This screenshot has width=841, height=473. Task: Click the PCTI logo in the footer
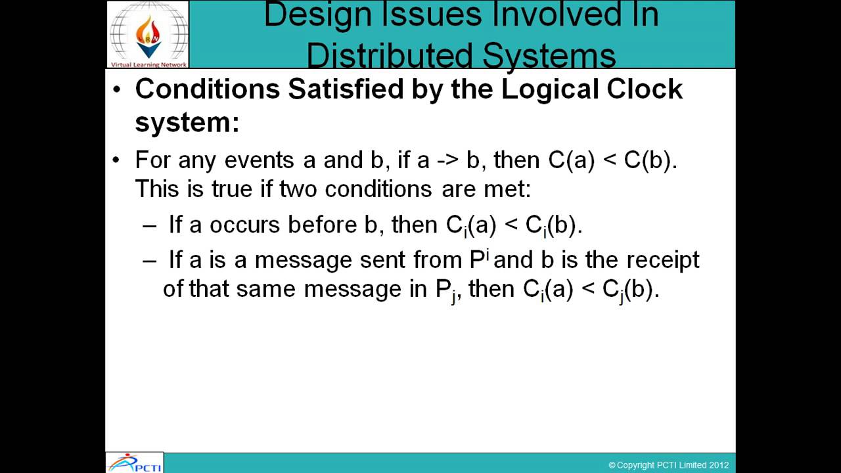135,462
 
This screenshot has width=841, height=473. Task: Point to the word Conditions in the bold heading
207,89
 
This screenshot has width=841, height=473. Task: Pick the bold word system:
187,122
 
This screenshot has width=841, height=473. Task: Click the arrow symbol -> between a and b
445,160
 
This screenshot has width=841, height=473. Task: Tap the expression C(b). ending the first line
650,160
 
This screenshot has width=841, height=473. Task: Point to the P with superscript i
480,259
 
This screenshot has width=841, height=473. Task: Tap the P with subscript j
446,290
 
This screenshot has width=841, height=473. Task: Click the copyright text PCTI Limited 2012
668,465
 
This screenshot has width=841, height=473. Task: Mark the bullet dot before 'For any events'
117,160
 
